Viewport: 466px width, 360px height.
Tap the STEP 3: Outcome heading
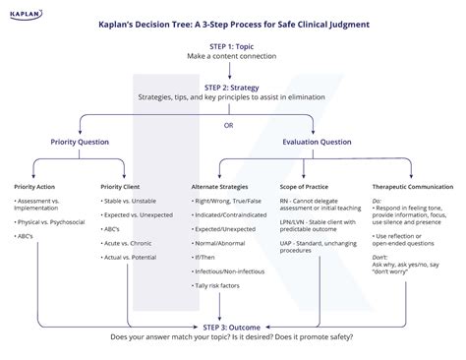(x=233, y=327)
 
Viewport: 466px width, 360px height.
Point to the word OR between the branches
(x=229, y=124)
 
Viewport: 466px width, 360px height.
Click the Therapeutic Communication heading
(x=412, y=187)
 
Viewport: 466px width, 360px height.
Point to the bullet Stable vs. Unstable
(x=131, y=201)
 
